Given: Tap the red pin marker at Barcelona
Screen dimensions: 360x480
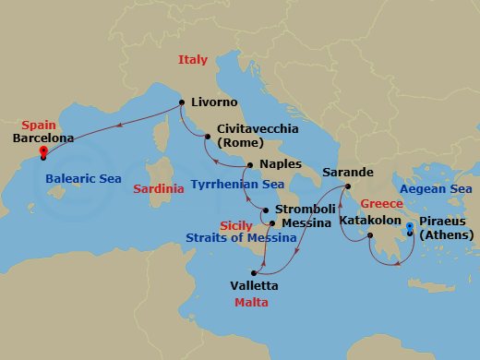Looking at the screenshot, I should pos(42,153).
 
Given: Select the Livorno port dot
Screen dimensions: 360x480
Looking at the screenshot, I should pos(181,102).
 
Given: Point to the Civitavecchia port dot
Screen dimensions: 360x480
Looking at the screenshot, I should pos(209,138).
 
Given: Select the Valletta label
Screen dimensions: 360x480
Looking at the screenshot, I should pos(253,286).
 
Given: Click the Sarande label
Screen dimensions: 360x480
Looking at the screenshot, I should pos(347,173).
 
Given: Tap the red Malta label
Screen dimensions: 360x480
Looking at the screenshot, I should pos(251,303).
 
